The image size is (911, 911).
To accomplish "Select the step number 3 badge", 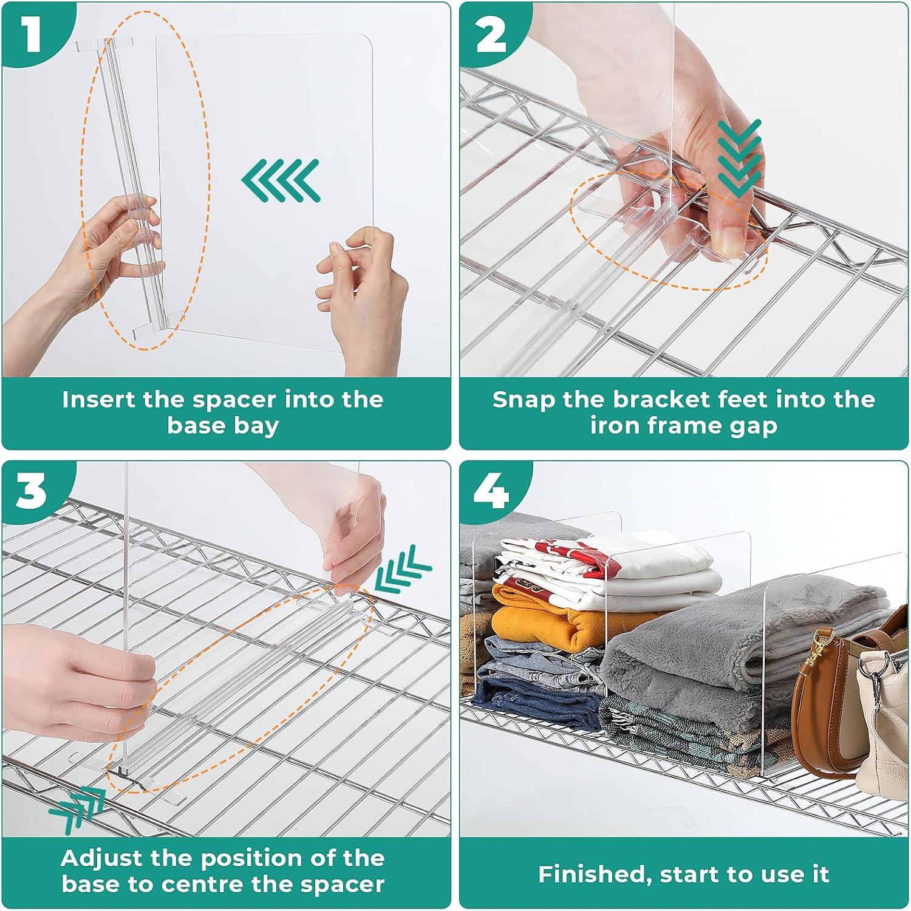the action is tap(31, 491).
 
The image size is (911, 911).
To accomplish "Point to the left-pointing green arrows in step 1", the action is tap(281, 180).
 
